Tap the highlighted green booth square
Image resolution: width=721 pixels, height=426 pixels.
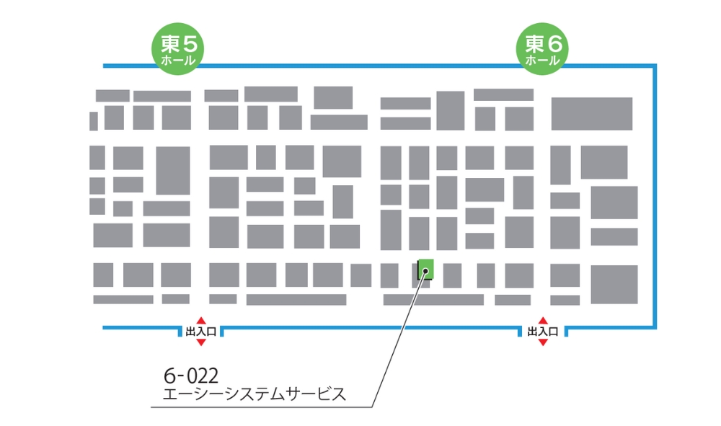tap(426, 269)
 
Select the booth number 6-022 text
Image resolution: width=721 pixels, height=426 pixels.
tap(191, 376)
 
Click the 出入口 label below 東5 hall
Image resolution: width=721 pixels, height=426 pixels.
tap(201, 332)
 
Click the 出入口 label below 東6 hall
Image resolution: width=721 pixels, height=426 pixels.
tap(543, 332)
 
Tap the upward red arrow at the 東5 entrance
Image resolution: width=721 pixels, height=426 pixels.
tap(201, 321)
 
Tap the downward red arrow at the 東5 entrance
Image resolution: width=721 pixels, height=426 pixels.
tap(201, 342)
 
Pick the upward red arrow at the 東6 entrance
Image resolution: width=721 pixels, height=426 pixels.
tap(543, 321)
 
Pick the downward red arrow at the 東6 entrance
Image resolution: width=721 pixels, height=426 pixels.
tap(543, 342)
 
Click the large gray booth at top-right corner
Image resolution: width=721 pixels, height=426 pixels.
tap(591, 113)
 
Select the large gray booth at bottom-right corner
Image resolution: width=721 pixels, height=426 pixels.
tap(614, 284)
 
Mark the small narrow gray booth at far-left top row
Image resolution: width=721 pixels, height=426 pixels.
tap(94, 121)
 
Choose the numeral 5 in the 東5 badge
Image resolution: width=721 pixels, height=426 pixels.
tap(189, 43)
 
